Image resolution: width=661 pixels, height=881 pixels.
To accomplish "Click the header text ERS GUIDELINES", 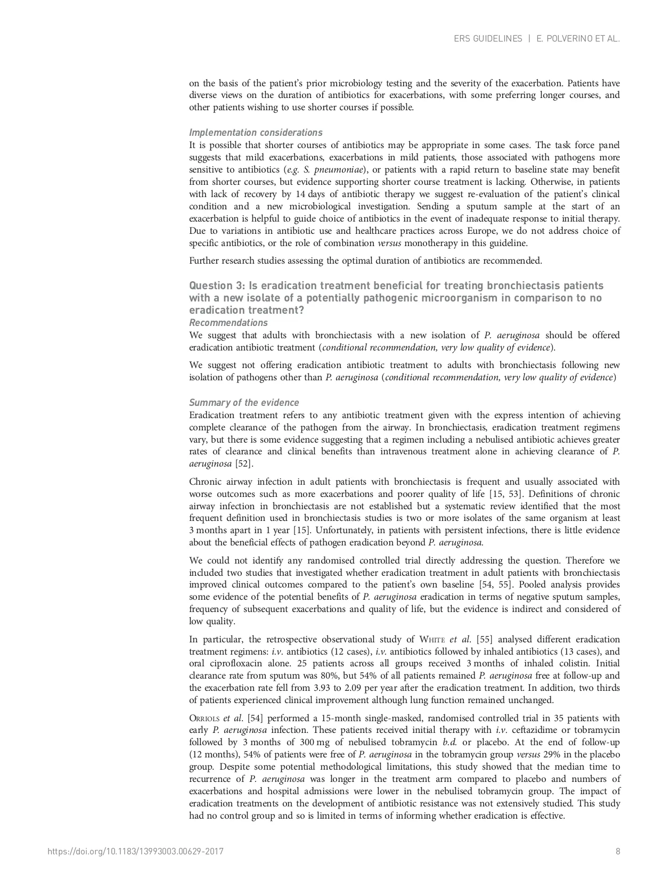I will click(488, 39).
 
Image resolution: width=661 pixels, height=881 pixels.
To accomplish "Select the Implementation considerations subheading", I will click(256, 133).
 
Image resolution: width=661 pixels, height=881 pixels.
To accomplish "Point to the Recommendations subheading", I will click(229, 323).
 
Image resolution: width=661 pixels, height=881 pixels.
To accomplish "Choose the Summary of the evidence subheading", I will click(244, 403).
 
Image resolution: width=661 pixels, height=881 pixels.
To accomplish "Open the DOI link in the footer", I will click(135, 851).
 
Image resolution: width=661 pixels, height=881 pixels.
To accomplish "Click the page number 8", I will click(618, 851).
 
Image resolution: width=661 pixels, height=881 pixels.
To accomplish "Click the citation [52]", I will click(244, 464).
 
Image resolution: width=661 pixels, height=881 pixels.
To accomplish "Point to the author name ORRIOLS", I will click(203, 718).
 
